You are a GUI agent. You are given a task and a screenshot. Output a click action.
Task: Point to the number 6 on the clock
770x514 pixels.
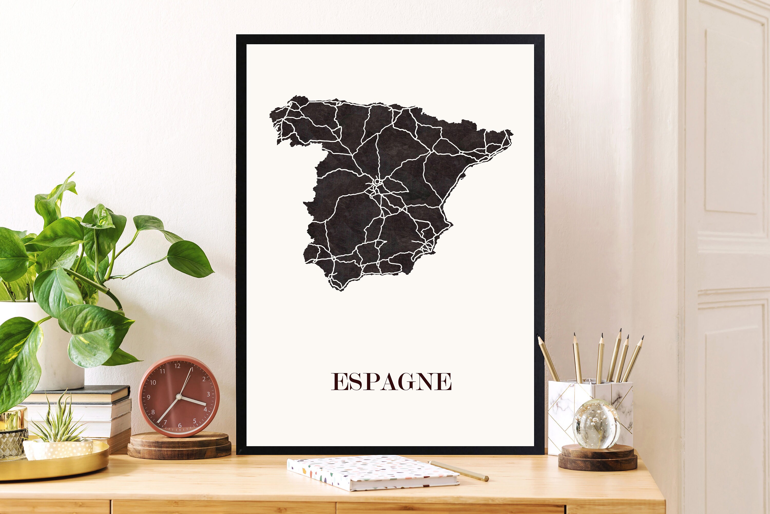(180, 425)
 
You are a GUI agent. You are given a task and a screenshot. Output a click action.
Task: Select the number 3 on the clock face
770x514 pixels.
(208, 394)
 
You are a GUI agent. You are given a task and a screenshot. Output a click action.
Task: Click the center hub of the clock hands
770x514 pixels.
(179, 397)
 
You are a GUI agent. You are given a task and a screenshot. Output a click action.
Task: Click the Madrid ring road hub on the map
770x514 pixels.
(377, 181)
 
